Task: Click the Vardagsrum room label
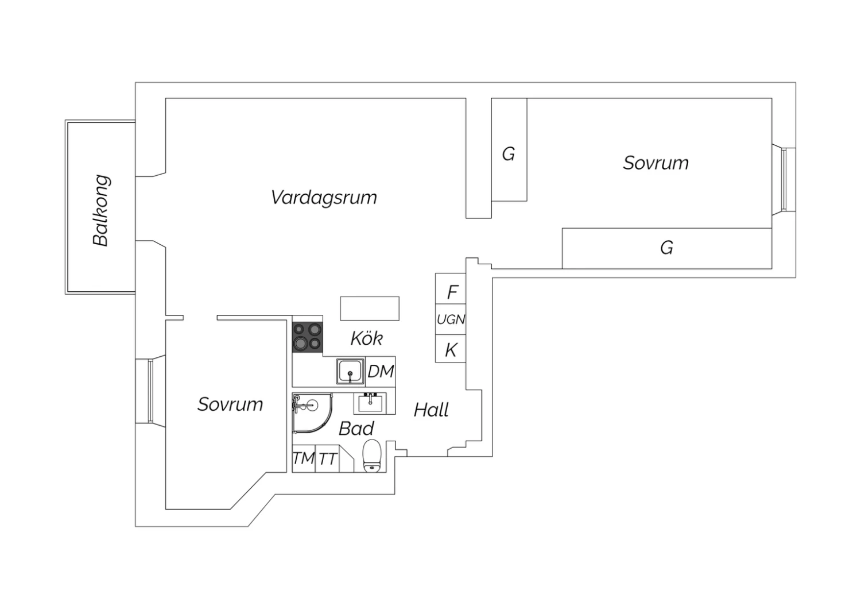point(324,198)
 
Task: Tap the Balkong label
point(100,210)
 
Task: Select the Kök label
point(366,338)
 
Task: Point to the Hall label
point(431,410)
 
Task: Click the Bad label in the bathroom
point(356,429)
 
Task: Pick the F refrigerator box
point(451,288)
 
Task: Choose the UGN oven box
point(451,319)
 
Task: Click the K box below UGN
point(451,349)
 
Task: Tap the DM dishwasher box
point(381,372)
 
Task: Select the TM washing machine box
point(304,458)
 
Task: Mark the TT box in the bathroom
point(328,458)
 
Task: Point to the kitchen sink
point(350,372)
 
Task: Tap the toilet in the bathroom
point(372,456)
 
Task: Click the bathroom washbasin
point(370,403)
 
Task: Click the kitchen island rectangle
point(370,309)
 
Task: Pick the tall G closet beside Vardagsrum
point(509,149)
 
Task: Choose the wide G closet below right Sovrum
point(667,249)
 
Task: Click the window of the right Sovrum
point(784,180)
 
